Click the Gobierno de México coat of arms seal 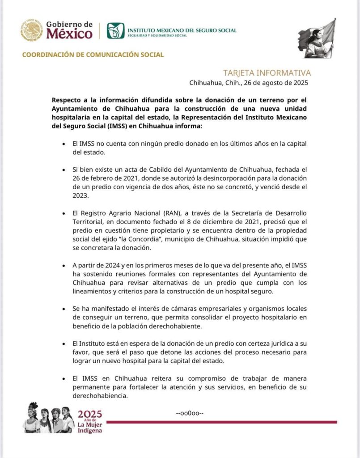tap(32, 30)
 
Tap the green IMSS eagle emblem tap(115, 30)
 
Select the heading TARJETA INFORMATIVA tap(267, 73)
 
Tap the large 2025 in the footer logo tap(90, 414)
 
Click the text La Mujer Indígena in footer tap(89, 428)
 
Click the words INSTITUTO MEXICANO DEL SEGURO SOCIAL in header tap(182, 30)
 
